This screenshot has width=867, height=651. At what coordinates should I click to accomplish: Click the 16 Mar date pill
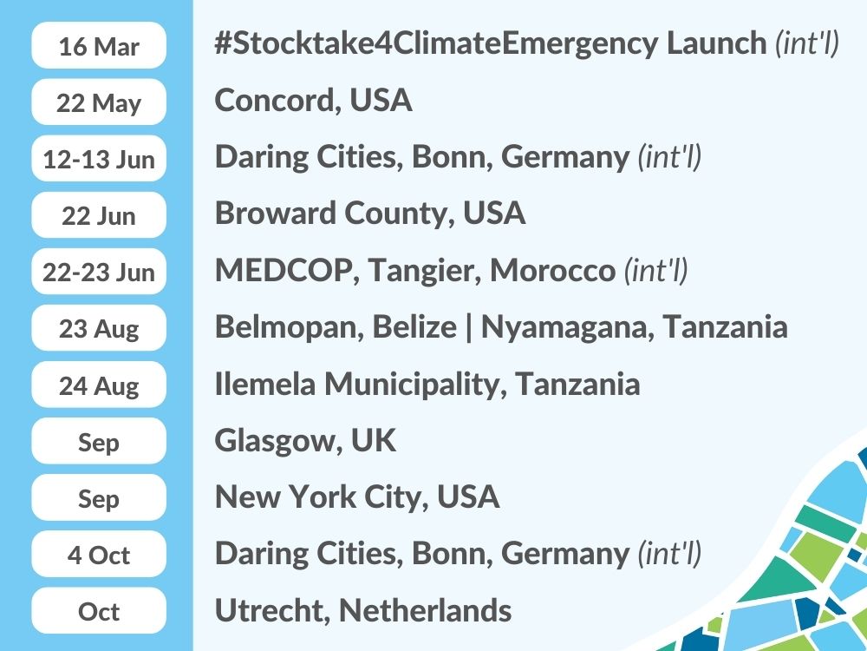pyautogui.click(x=99, y=45)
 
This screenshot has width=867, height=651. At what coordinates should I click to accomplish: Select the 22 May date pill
pyautogui.click(x=99, y=102)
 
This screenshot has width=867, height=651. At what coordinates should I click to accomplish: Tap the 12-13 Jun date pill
pyautogui.click(x=99, y=158)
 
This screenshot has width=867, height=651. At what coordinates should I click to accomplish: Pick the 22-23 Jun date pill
pyautogui.click(x=99, y=271)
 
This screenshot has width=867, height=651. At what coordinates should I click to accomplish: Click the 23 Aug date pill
pyautogui.click(x=99, y=328)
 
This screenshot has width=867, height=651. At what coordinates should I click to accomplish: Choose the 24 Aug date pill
pyautogui.click(x=99, y=385)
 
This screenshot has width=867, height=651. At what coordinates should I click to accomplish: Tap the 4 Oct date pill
pyautogui.click(x=99, y=554)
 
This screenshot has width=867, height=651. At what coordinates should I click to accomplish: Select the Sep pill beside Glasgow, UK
pyautogui.click(x=99, y=441)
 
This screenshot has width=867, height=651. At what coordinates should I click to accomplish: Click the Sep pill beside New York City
pyautogui.click(x=99, y=497)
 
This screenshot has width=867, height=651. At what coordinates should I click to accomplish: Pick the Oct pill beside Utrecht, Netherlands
pyautogui.click(x=99, y=610)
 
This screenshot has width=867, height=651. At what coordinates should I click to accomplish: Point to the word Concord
pyautogui.click(x=277, y=101)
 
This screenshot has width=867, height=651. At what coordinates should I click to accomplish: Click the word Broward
pyautogui.click(x=275, y=214)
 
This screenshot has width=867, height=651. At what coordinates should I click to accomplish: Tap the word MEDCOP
pyautogui.click(x=284, y=270)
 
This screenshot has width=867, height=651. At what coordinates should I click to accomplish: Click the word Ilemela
pyautogui.click(x=264, y=384)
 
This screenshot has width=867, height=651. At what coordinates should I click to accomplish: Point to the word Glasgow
pyautogui.click(x=277, y=441)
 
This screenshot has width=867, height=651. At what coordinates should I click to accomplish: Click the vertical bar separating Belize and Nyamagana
pyautogui.click(x=469, y=328)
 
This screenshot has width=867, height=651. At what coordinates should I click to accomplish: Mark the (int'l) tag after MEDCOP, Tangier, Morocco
pyautogui.click(x=656, y=271)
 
